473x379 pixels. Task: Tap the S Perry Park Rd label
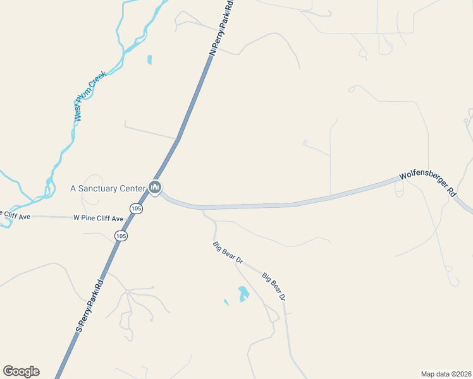pos(89,306)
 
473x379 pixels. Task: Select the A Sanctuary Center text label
pos(107,188)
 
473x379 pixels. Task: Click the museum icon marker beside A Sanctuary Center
pos(155,187)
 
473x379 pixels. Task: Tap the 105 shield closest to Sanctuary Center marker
pos(136,208)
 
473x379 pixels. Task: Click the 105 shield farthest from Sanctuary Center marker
pos(121,236)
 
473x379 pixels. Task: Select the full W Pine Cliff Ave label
pos(98,218)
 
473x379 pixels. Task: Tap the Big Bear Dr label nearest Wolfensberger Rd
pos(228,251)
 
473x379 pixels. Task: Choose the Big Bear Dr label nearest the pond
pos(274,286)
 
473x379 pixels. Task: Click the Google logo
pos(21,371)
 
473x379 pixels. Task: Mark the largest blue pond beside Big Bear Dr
pos(243,294)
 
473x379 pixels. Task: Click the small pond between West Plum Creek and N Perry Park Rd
pos(149,60)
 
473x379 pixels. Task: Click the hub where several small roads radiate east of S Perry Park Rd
pos(127,291)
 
